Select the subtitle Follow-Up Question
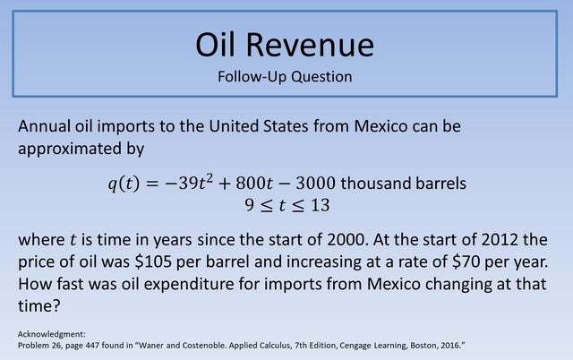(x=285, y=76)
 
